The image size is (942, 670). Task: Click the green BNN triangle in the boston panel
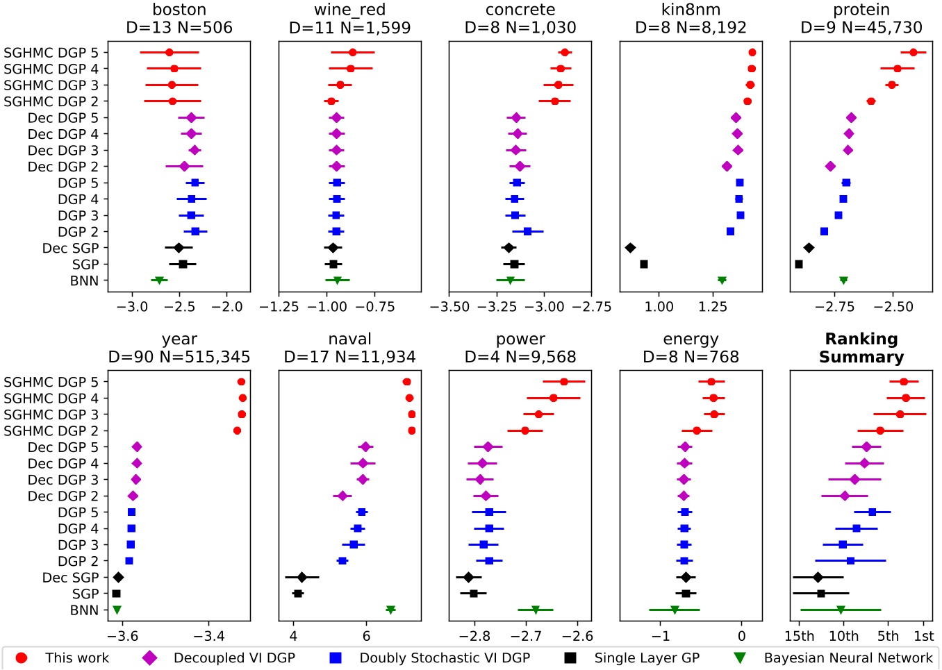click(159, 280)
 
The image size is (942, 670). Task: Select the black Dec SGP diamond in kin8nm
click(630, 248)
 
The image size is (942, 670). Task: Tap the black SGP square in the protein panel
click(799, 265)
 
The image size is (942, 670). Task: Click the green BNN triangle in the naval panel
click(390, 610)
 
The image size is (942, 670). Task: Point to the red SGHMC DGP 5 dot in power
click(564, 382)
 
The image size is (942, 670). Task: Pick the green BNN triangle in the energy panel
click(675, 610)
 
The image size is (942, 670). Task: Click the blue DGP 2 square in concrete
click(527, 232)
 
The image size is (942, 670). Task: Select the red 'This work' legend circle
click(22, 658)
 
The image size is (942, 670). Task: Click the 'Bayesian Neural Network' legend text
click(848, 658)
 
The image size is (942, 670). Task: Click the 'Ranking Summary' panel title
click(861, 348)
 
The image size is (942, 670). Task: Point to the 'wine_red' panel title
click(349, 10)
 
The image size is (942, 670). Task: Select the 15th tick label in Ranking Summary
click(800, 636)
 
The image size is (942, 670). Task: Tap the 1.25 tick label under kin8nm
click(713, 307)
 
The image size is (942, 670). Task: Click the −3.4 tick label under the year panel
click(208, 636)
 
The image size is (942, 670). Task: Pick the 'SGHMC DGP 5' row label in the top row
click(51, 53)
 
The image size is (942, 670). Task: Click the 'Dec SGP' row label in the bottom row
click(70, 578)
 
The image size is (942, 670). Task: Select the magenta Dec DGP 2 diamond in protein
click(830, 167)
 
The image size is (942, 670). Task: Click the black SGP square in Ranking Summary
click(821, 594)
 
